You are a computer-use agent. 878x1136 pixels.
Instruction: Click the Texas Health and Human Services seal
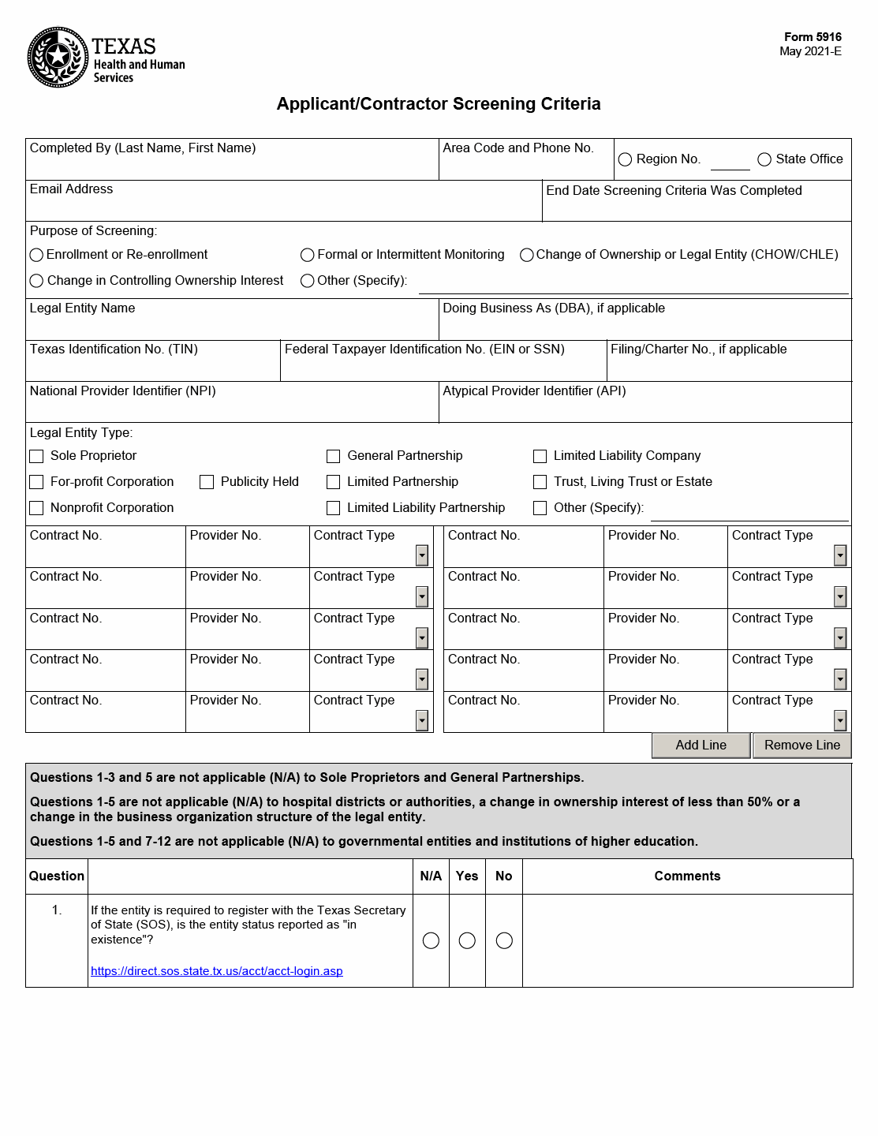pos(58,57)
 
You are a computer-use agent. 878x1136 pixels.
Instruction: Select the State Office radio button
pos(764,159)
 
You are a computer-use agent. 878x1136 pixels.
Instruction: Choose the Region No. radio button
pos(626,159)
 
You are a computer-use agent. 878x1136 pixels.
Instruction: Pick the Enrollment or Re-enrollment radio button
pos(36,255)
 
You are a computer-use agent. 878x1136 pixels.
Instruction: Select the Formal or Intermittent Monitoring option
pos(308,255)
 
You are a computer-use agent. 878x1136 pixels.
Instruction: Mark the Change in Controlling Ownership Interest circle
pos(36,281)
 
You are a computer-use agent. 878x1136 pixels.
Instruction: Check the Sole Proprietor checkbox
pos(36,456)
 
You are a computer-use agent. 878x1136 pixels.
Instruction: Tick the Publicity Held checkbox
pos(207,482)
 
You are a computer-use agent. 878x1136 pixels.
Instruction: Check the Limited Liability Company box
pos(540,456)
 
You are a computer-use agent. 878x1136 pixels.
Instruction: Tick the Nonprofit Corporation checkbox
pos(36,508)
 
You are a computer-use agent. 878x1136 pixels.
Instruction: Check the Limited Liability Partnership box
pos(334,508)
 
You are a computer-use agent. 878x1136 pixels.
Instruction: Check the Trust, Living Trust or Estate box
pos(540,482)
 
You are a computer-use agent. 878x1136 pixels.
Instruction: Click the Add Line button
pos(701,745)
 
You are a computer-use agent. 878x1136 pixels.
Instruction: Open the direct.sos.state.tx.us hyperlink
pos(217,971)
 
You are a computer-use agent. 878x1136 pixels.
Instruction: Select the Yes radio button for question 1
pos(467,940)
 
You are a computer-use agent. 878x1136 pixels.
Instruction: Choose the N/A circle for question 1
pos(431,940)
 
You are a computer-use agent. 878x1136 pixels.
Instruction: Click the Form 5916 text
pos(813,37)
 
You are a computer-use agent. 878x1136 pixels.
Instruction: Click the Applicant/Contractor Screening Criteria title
pos(439,104)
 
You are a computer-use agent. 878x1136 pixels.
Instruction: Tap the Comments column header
pos(687,876)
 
